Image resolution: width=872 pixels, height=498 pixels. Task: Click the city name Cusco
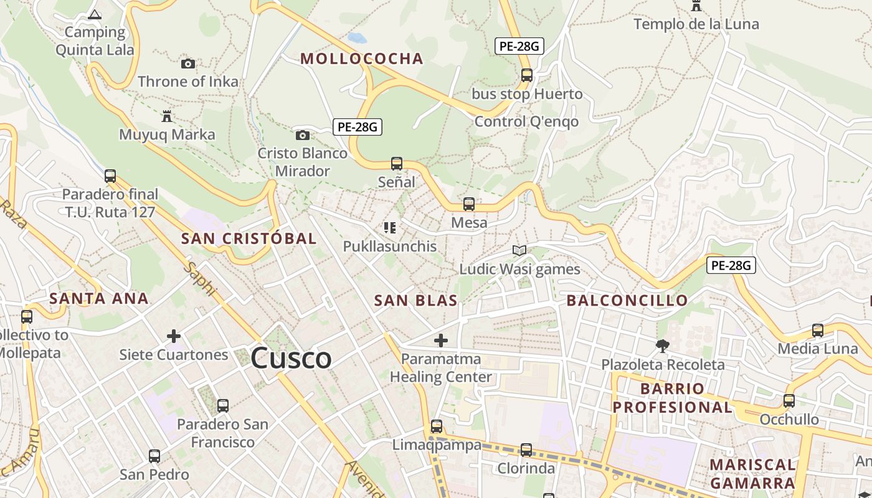(x=291, y=359)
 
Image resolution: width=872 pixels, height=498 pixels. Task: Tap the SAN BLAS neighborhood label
(x=415, y=301)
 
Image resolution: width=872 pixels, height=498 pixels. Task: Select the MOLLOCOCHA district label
(x=362, y=59)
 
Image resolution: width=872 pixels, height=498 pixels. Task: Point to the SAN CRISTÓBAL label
(x=249, y=238)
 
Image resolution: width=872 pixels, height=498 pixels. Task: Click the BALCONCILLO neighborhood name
(x=627, y=301)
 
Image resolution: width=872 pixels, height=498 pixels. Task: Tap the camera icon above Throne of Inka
(x=187, y=63)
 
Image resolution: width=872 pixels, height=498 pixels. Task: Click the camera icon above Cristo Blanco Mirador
(x=302, y=135)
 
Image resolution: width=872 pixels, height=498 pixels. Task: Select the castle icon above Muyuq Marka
(x=166, y=116)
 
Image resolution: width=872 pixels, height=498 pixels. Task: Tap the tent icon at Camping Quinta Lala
(x=95, y=14)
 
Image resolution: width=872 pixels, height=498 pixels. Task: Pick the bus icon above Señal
(x=397, y=164)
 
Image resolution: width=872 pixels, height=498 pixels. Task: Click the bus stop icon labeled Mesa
(x=469, y=204)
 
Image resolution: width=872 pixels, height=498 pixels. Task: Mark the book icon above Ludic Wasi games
(x=519, y=250)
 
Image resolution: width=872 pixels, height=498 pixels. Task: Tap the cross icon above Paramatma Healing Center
(x=441, y=341)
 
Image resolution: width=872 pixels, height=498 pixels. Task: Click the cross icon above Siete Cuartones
(x=174, y=337)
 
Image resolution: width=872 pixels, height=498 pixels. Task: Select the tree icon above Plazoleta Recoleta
(x=663, y=345)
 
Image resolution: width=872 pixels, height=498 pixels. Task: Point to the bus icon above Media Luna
(x=818, y=331)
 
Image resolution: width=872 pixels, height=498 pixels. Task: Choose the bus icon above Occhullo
(x=789, y=401)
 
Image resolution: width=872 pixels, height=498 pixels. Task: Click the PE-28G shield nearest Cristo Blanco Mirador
(x=357, y=127)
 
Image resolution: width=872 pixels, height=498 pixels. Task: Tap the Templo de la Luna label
(x=696, y=24)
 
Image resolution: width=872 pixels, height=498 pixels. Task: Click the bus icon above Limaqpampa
(x=437, y=426)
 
